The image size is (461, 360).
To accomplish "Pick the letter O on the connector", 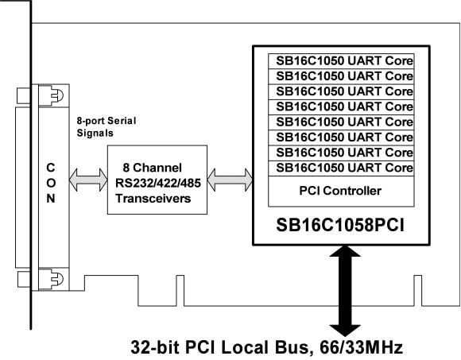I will point(51,183).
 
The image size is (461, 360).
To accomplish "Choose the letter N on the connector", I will point(51,199).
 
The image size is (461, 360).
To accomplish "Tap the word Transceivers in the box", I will point(157,199).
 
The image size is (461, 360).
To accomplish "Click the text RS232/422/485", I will point(157,183).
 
